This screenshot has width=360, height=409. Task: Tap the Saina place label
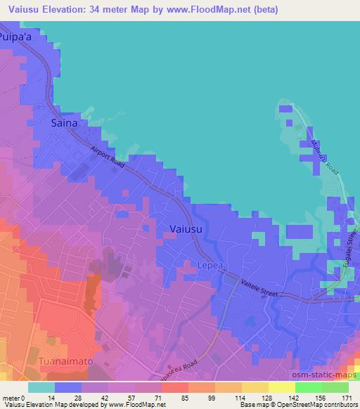coord(63,123)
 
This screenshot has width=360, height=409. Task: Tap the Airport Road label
coord(107,155)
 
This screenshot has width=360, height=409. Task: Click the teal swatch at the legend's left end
coord(41,387)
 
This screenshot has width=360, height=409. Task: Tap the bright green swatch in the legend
coord(309,387)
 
